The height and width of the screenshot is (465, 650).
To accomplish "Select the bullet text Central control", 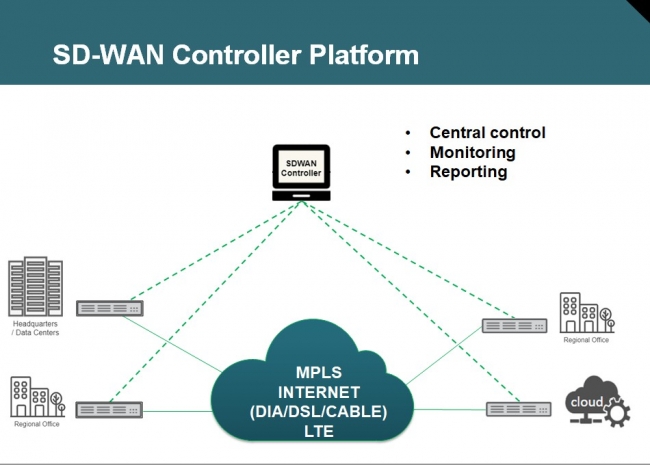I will [x=487, y=132].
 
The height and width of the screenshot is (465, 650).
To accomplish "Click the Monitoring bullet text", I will [x=472, y=152].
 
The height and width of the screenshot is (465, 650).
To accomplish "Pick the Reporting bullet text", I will [x=468, y=171].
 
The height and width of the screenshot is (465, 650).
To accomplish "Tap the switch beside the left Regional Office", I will [x=109, y=409].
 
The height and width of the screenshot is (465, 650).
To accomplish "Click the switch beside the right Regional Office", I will [x=514, y=325].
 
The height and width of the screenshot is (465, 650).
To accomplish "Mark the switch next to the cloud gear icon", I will [x=518, y=408].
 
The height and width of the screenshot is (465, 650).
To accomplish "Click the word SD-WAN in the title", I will [x=104, y=54].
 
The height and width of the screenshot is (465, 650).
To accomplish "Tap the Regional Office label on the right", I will [x=586, y=341].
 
